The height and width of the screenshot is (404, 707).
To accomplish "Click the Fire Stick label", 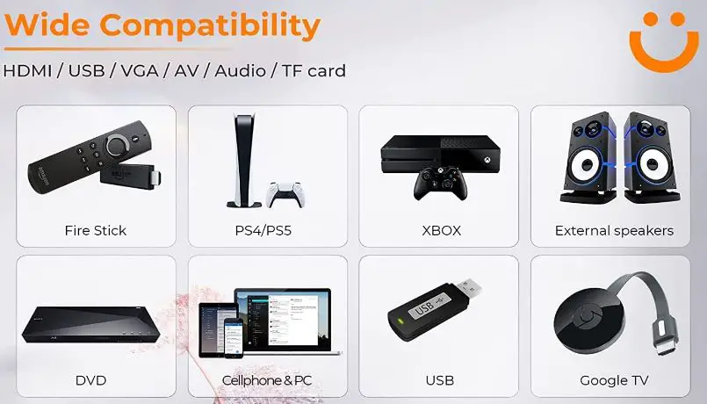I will click(96, 231).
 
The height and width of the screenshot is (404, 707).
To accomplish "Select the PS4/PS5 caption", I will click(267, 231).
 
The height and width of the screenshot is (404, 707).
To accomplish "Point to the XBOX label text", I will click(440, 231).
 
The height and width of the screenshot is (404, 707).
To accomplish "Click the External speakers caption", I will click(614, 231).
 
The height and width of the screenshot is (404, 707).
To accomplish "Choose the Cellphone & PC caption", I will click(267, 380).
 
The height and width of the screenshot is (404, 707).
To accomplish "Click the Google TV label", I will click(614, 380).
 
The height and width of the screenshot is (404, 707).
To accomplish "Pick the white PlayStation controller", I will click(285, 195).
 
